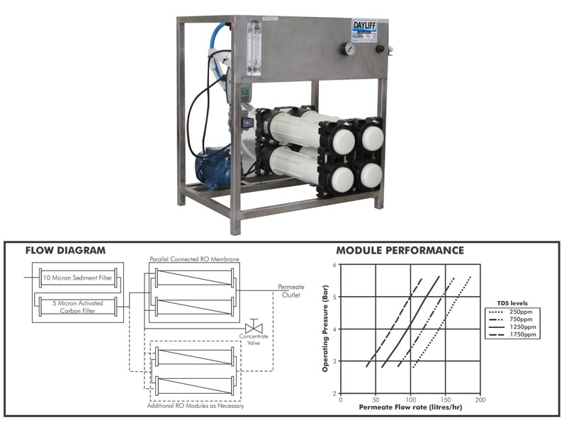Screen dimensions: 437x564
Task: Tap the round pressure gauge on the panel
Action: (348, 49)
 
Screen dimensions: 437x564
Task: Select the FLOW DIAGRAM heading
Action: (65, 251)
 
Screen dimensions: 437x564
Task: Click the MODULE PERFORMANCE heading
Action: (400, 251)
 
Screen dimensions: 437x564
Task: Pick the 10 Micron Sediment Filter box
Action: (77, 277)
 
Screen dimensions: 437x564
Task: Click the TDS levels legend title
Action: (509, 302)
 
